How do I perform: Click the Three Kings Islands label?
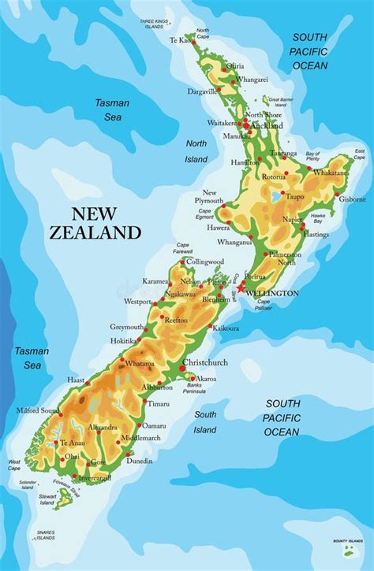(155, 24)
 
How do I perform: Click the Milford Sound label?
(37, 411)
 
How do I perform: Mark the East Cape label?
(359, 152)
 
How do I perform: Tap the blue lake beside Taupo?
(275, 196)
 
